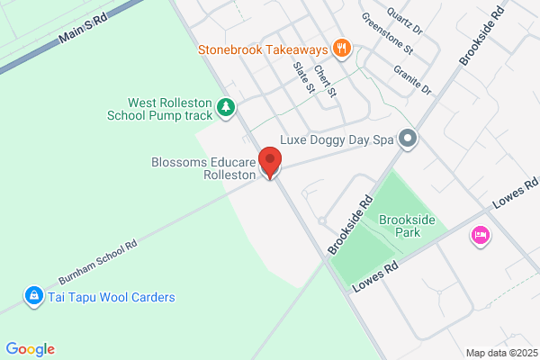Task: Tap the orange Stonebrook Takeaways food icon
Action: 341,48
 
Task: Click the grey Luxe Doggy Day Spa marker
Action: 408,139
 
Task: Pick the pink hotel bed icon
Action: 481,236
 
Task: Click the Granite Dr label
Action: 413,77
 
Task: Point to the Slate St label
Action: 304,77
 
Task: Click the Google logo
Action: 30,349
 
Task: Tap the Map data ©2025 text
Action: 500,352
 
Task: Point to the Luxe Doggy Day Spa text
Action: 337,139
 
